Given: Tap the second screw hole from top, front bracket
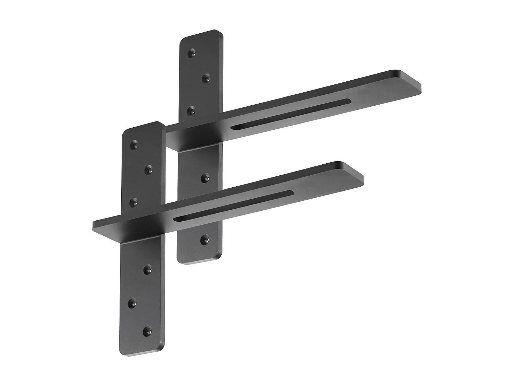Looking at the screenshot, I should click(x=149, y=169).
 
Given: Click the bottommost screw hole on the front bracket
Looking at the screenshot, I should click(x=148, y=331).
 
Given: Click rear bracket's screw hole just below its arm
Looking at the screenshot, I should click(x=205, y=178).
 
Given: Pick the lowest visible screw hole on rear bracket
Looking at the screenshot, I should click(x=205, y=239).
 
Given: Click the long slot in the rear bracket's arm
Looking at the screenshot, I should click(x=291, y=114).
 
